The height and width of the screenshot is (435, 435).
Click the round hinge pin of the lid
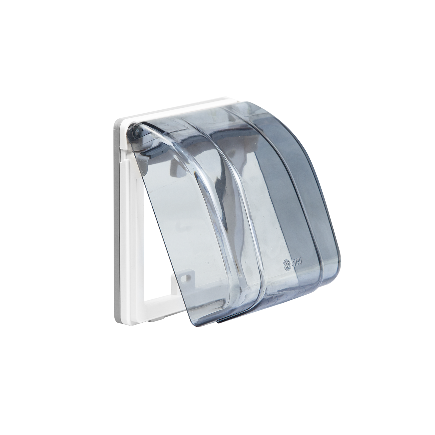tap(136, 131)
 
